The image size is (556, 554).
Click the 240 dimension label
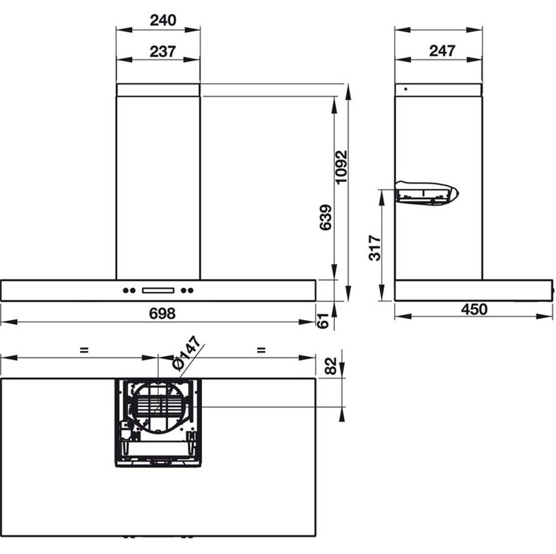click(x=163, y=20)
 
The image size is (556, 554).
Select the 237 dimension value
click(x=163, y=52)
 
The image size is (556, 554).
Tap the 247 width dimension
click(x=442, y=51)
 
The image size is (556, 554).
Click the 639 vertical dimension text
click(x=326, y=217)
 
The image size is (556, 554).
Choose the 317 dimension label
click(x=374, y=248)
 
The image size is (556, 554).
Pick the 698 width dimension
click(x=162, y=314)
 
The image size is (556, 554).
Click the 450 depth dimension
click(x=474, y=310)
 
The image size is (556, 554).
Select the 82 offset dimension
click(x=330, y=366)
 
